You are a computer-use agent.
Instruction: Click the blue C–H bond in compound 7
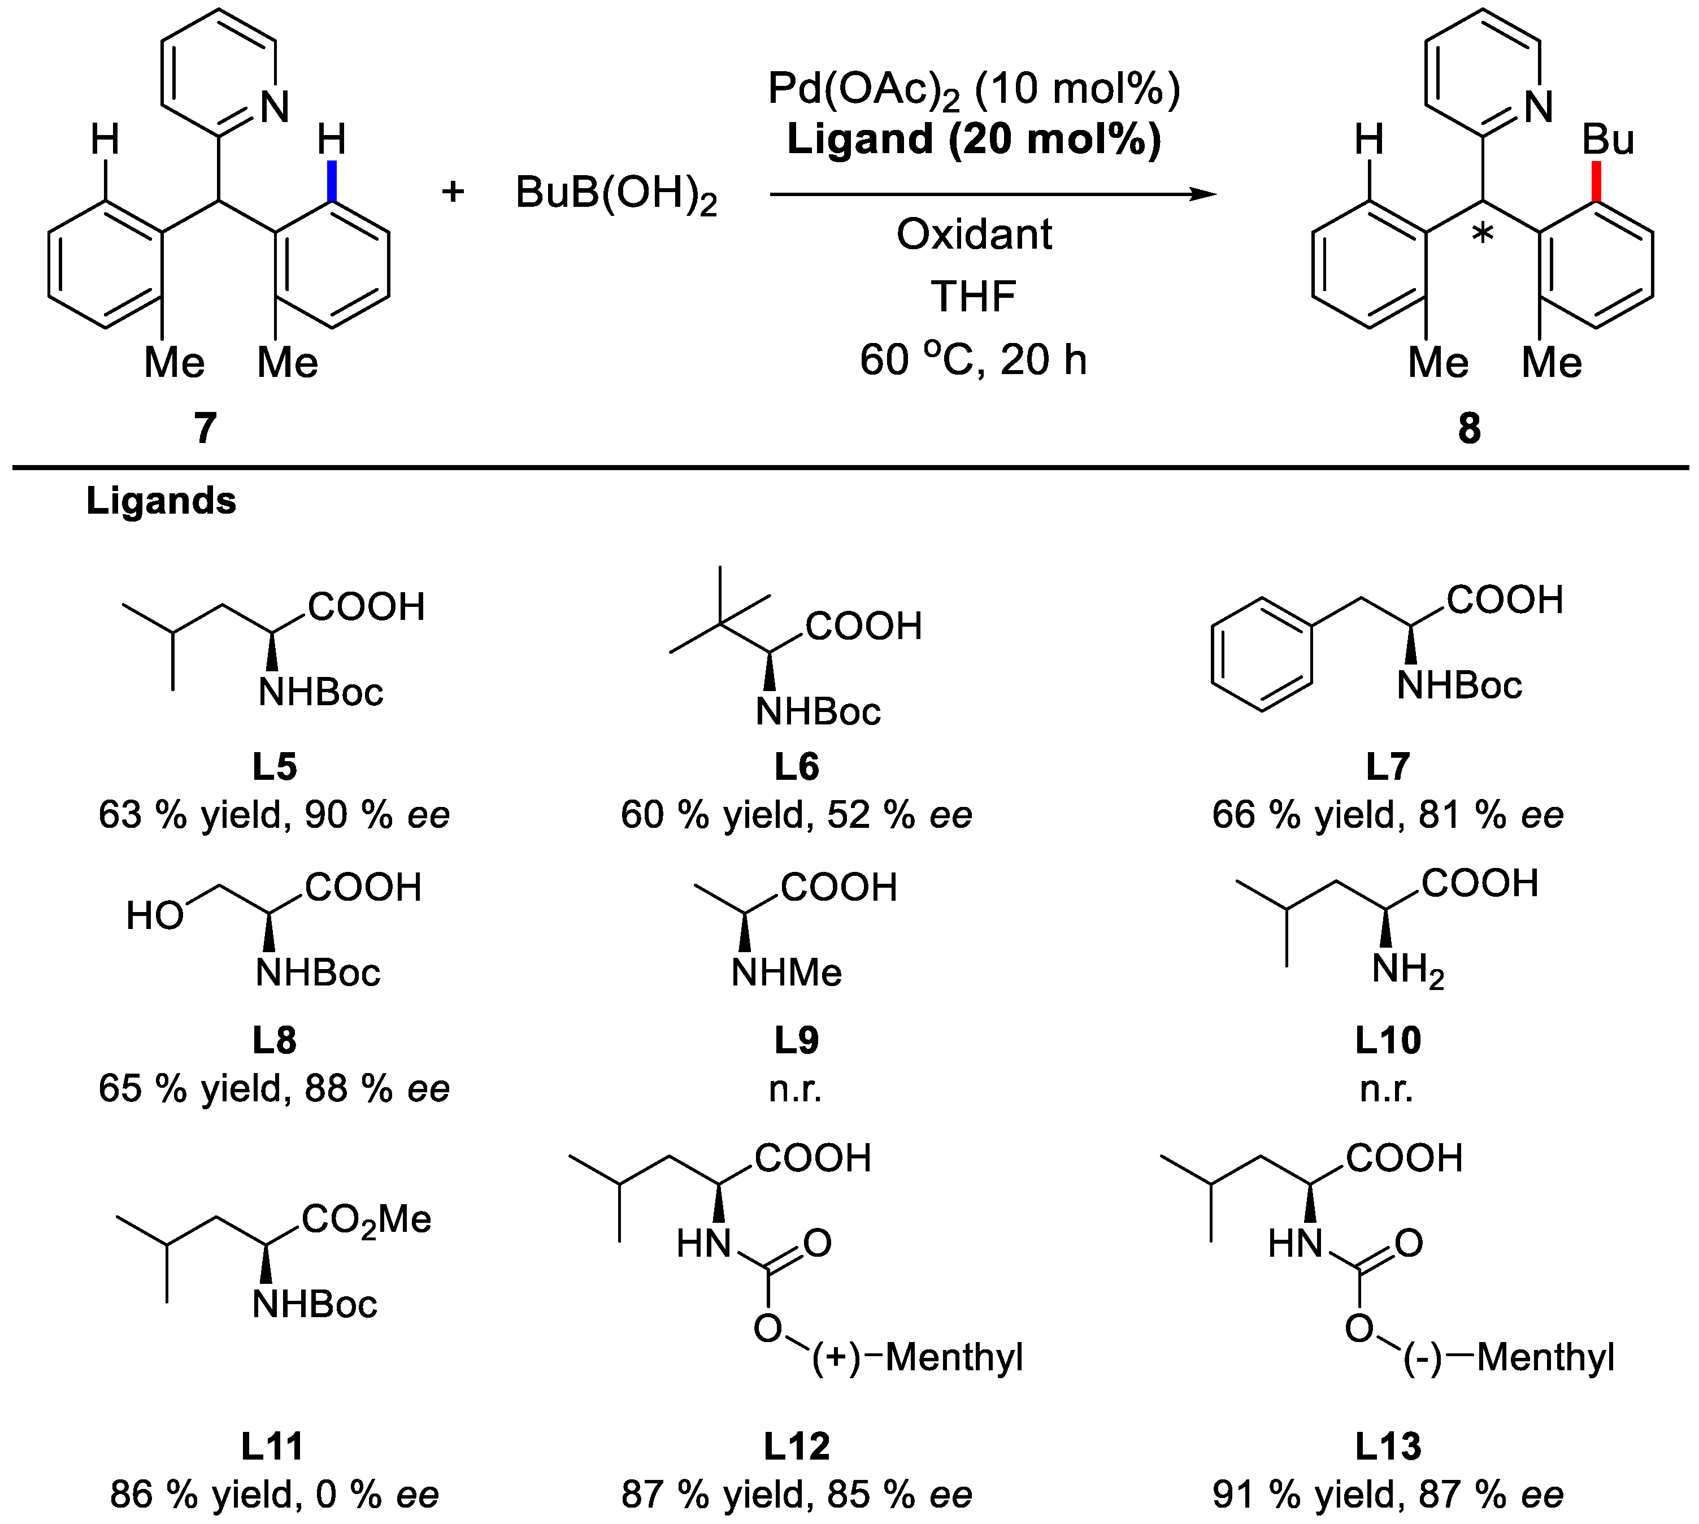pyautogui.click(x=332, y=181)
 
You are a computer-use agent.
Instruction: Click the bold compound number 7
pyautogui.click(x=205, y=429)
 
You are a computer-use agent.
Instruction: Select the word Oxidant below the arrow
pyautogui.click(x=974, y=235)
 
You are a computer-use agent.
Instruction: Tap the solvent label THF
pyautogui.click(x=974, y=297)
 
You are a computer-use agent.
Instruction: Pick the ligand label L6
pyautogui.click(x=796, y=767)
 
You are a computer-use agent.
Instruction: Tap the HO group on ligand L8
pyautogui.click(x=155, y=916)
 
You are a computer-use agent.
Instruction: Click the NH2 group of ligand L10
pyautogui.click(x=1407, y=971)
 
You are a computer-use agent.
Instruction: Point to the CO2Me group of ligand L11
pyautogui.click(x=367, y=1219)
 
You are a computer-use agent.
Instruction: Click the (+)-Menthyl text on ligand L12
pyautogui.click(x=918, y=1357)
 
